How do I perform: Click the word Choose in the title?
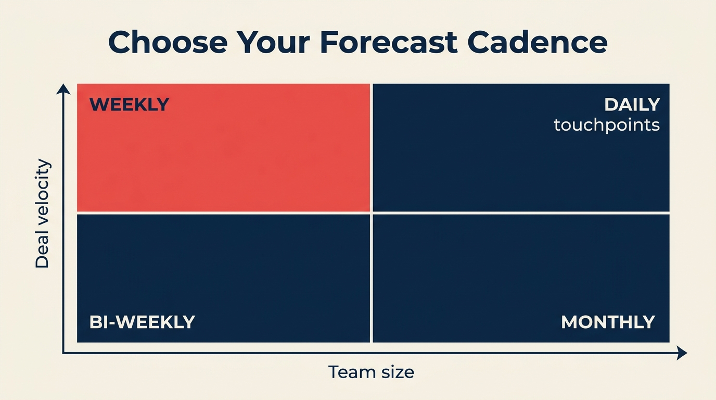[x=168, y=43]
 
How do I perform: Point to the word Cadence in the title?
[x=537, y=43]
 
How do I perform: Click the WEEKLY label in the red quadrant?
[x=129, y=105]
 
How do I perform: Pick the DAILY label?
[x=632, y=105]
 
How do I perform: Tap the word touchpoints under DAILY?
[x=607, y=125]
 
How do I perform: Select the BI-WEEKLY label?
[x=142, y=322]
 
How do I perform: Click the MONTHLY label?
[x=608, y=322]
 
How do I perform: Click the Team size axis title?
[x=371, y=372]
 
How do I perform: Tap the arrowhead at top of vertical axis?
[x=63, y=89]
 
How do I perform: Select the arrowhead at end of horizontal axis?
[x=682, y=353]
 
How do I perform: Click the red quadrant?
[x=224, y=156]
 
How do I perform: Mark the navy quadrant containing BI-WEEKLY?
[x=224, y=266]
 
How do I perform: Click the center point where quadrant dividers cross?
[x=372, y=213]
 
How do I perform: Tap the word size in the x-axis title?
[x=397, y=372]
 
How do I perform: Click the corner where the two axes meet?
[x=63, y=353]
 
